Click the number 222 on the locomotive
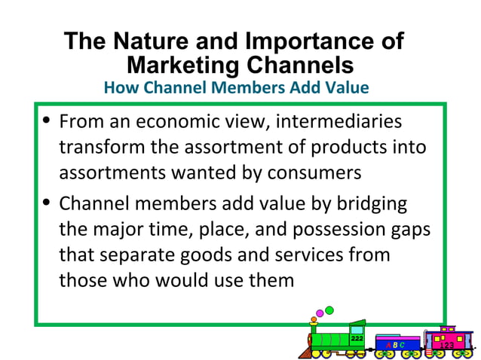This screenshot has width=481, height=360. pyautogui.click(x=357, y=339)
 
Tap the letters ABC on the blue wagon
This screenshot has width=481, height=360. pyautogui.click(x=396, y=345)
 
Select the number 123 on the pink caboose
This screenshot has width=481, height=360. pyautogui.click(x=446, y=345)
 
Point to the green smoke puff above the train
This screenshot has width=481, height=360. pyautogui.click(x=329, y=310)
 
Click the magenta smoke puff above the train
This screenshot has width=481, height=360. pyautogui.click(x=320, y=313)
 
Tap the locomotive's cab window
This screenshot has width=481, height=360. pyautogui.click(x=357, y=328)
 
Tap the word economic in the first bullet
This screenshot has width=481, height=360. pyautogui.click(x=181, y=122)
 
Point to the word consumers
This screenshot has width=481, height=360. pyautogui.click(x=312, y=173)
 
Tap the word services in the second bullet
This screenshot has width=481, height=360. pyautogui.click(x=305, y=255)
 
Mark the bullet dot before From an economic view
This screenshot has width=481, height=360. pyautogui.click(x=47, y=121)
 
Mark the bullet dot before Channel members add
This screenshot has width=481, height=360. pyautogui.click(x=47, y=203)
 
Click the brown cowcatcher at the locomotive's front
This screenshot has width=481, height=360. pyautogui.click(x=305, y=352)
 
